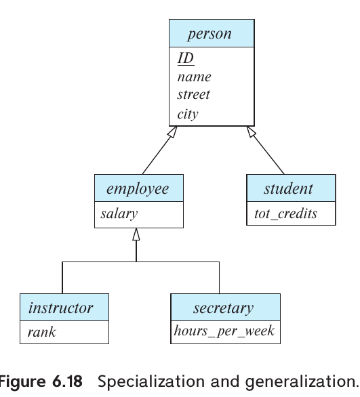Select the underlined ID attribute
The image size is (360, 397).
tap(186, 58)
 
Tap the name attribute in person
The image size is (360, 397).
tap(194, 77)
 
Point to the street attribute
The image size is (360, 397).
tap(193, 95)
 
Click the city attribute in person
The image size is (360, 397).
tap(188, 113)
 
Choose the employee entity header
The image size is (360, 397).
tap(138, 188)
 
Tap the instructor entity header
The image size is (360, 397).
tap(61, 308)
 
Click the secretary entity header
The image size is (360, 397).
tap(223, 308)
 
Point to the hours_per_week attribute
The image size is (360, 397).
tap(223, 332)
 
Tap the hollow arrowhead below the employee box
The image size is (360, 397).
tap(136, 234)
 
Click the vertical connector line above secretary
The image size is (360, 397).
tap(220, 278)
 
